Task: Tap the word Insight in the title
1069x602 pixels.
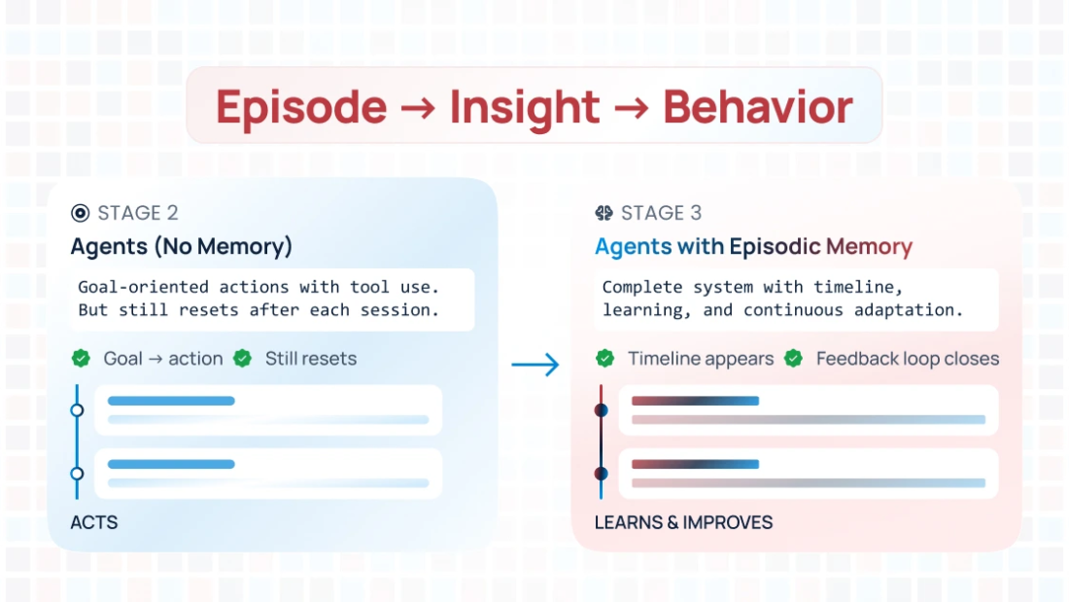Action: pyautogui.click(x=524, y=107)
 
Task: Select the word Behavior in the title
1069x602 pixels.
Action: pyautogui.click(x=758, y=107)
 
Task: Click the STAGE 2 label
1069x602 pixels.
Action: pyautogui.click(x=137, y=213)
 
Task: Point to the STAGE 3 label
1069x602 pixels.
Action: pyautogui.click(x=661, y=213)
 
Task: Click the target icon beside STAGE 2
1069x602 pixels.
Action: pyautogui.click(x=80, y=213)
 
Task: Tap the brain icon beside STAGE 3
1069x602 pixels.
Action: pyautogui.click(x=603, y=213)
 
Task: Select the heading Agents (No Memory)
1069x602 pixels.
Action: pyautogui.click(x=181, y=246)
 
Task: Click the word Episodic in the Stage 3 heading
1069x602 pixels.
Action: pyautogui.click(x=775, y=246)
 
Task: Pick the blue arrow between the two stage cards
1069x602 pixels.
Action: pyautogui.click(x=535, y=365)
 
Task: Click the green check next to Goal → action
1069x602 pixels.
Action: pyautogui.click(x=81, y=358)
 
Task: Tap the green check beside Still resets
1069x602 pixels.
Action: pyautogui.click(x=242, y=358)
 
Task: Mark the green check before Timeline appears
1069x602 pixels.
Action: pyautogui.click(x=604, y=359)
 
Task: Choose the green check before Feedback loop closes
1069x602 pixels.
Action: pyautogui.click(x=793, y=359)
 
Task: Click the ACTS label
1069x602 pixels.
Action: pyautogui.click(x=94, y=522)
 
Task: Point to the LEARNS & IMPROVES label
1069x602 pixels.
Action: pyautogui.click(x=683, y=522)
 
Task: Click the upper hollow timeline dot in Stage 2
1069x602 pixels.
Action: pyautogui.click(x=78, y=410)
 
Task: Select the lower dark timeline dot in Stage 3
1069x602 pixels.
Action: pyautogui.click(x=602, y=474)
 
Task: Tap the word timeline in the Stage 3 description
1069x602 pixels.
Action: pyautogui.click(x=864, y=287)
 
